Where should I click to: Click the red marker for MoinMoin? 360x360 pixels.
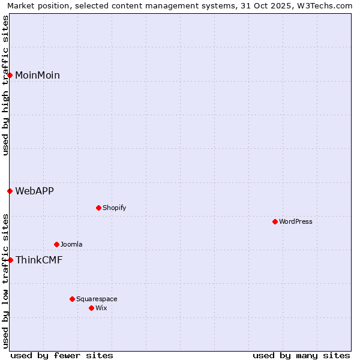click(10, 75)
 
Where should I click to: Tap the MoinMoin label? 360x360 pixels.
click(37, 76)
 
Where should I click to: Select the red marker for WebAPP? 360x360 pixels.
click(10, 191)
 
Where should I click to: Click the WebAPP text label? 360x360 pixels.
click(34, 191)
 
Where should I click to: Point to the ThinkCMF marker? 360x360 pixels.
click(10, 260)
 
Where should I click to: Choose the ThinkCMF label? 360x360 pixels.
click(39, 260)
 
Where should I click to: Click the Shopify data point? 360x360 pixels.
click(98, 208)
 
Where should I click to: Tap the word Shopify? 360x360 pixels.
click(114, 208)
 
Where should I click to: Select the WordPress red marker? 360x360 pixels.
click(275, 222)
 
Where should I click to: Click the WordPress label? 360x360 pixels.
click(296, 222)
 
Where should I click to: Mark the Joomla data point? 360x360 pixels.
click(56, 245)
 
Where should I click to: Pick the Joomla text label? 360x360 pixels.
click(71, 245)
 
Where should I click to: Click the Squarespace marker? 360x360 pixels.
click(72, 299)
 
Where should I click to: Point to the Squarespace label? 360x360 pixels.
click(97, 299)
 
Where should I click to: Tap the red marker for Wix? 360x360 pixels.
click(91, 308)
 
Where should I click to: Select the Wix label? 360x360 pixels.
click(101, 308)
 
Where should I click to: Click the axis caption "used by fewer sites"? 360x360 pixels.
click(62, 355)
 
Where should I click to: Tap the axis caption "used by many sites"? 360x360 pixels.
click(301, 355)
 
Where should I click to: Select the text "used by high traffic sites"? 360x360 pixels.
click(5, 85)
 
